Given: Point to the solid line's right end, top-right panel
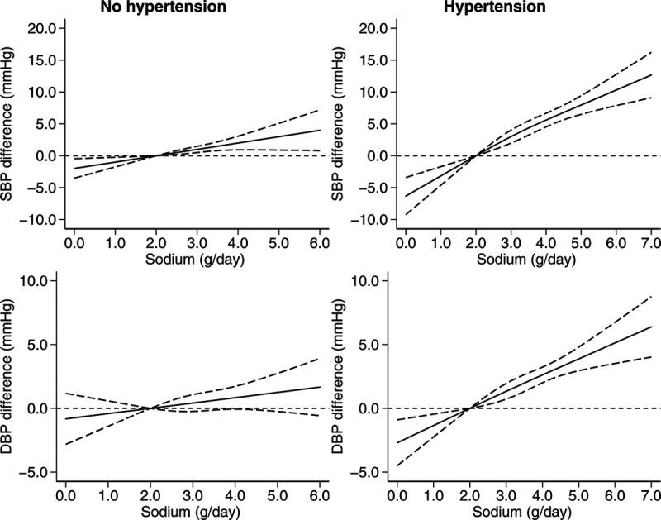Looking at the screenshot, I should click(651, 74).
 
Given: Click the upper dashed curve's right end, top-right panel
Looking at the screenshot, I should click(651, 51).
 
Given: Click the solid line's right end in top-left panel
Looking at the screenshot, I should click(321, 130).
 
